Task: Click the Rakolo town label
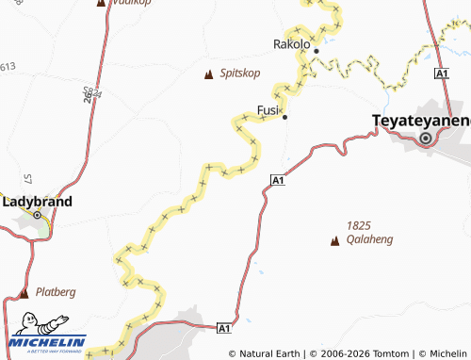(291, 43)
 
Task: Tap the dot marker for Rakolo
(317, 50)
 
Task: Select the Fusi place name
(268, 110)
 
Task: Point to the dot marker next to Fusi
(284, 117)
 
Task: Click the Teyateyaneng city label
(421, 120)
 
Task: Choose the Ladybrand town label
(38, 202)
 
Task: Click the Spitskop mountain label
(239, 73)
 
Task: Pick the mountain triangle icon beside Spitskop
(209, 74)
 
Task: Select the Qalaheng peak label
(369, 239)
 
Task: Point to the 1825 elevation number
(359, 225)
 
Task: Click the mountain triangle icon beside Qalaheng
(333, 241)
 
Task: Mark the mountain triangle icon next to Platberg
(24, 293)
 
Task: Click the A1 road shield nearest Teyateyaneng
(440, 74)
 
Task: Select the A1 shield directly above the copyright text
(224, 328)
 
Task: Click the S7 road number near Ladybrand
(28, 179)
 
